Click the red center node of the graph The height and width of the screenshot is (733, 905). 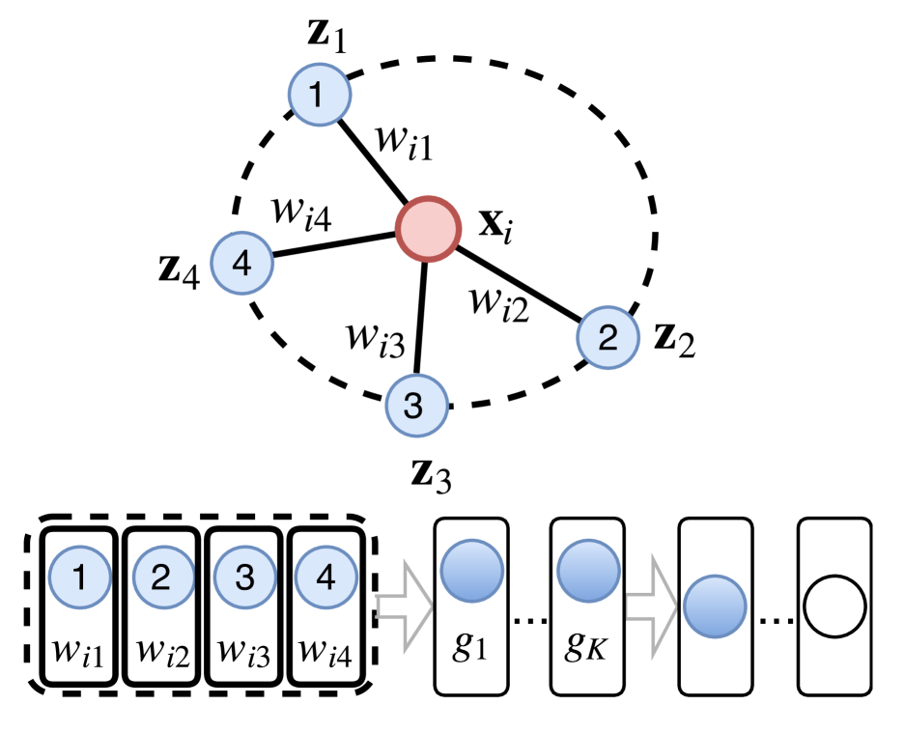(x=427, y=229)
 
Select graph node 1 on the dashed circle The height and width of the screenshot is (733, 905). (x=319, y=95)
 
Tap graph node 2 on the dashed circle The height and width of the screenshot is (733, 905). (x=608, y=337)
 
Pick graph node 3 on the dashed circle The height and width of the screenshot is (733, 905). (x=416, y=406)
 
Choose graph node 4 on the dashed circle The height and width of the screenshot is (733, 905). (x=241, y=262)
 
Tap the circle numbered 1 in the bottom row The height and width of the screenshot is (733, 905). (x=80, y=577)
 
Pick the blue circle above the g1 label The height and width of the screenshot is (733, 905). (x=471, y=571)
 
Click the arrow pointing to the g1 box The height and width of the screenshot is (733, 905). (x=402, y=606)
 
